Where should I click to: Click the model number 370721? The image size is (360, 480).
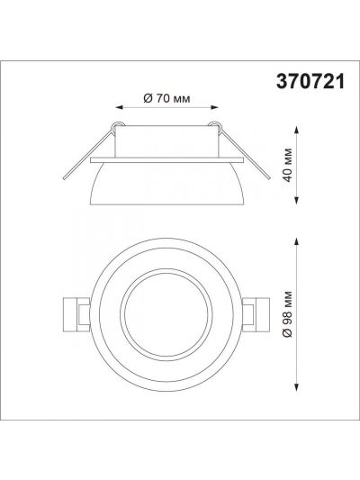[310, 82]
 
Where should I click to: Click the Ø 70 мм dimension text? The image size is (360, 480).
[166, 98]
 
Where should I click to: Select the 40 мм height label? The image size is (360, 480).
[288, 165]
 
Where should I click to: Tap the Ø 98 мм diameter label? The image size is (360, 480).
[288, 314]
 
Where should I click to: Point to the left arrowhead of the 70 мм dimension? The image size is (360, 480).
[119, 107]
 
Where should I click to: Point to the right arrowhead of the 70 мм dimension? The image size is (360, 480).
[214, 107]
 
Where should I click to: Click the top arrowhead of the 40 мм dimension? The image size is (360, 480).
[296, 129]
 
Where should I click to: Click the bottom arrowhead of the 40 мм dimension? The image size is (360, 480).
[296, 200]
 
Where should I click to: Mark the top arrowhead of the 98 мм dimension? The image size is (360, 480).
[296, 242]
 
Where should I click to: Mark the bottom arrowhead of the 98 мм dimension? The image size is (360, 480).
[296, 387]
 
